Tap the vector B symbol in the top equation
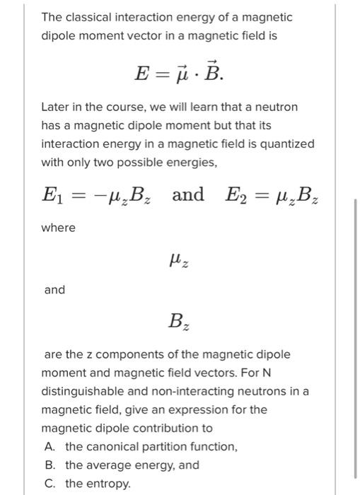[x=210, y=71]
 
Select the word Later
[x=55, y=107]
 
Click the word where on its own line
[x=58, y=228]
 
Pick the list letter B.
[x=50, y=465]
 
